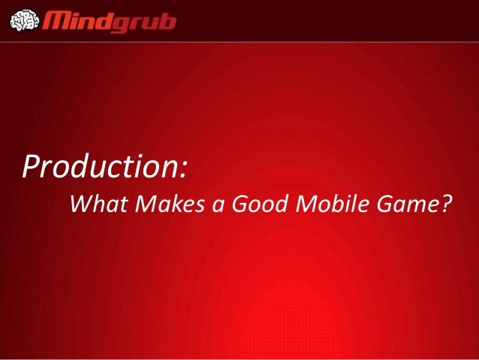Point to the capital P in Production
point(32,165)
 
